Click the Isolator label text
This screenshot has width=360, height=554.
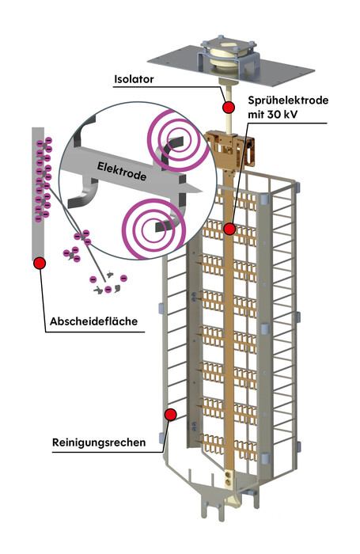coord(134,79)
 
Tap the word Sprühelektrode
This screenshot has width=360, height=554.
coord(288,101)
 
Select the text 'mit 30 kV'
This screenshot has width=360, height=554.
coord(272,115)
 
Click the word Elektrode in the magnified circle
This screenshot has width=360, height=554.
coord(122,171)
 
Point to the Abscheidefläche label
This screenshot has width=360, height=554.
coord(93,321)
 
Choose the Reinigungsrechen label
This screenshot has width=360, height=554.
coord(99,442)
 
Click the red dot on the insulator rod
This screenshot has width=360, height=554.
coord(229,107)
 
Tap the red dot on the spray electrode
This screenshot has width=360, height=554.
coord(229,229)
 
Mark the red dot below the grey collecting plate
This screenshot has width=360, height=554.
coord(40,263)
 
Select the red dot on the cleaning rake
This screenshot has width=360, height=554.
coord(171,415)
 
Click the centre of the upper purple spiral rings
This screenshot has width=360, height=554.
coord(176,140)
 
